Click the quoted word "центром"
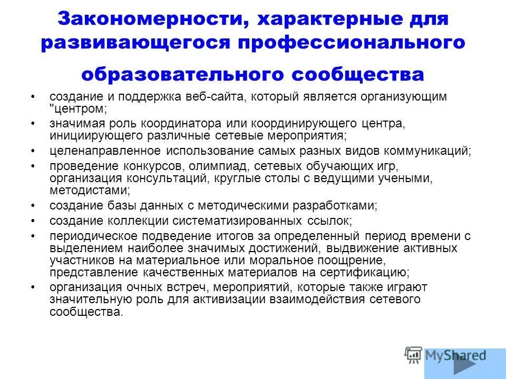76,108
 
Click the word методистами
88,190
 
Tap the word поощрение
348,261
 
